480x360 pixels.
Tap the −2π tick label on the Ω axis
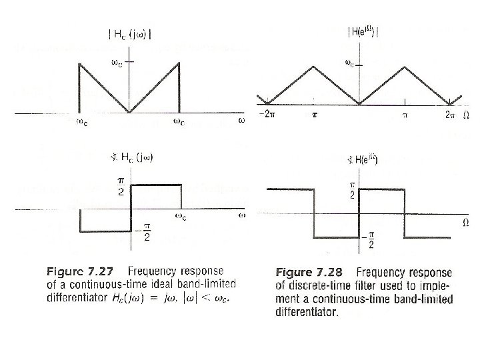[x=267, y=115]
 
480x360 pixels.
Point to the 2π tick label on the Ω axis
[x=449, y=115]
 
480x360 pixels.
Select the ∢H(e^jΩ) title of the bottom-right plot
[x=364, y=159]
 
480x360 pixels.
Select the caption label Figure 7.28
[x=311, y=273]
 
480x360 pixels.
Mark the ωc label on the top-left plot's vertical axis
[x=115, y=64]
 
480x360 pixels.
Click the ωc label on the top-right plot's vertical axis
[x=349, y=64]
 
